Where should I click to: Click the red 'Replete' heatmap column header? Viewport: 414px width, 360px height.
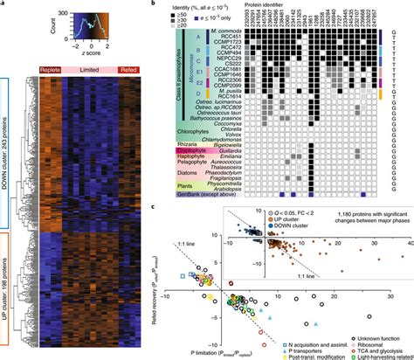tap(52, 68)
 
